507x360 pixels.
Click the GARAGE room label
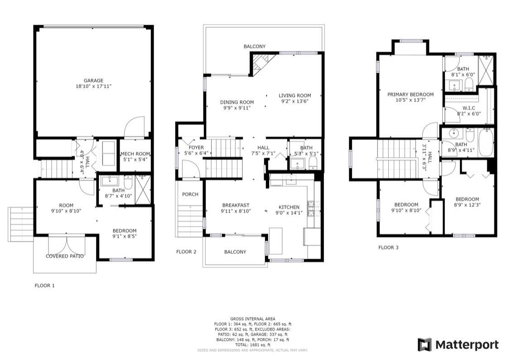(93, 81)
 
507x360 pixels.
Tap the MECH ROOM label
(135, 154)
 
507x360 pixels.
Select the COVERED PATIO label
(65, 256)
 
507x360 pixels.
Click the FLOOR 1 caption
(44, 286)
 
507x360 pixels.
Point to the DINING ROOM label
(237, 102)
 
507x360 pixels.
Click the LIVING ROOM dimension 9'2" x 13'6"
(295, 101)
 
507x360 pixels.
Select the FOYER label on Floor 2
(196, 147)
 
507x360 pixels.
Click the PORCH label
(190, 195)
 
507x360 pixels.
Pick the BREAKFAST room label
(236, 205)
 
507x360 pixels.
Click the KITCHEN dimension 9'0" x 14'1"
(289, 213)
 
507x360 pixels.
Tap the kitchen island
(276, 241)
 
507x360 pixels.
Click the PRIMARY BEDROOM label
(410, 94)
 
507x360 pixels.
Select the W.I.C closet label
(469, 108)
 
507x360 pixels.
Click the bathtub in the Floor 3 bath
(486, 142)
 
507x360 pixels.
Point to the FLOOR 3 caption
(388, 248)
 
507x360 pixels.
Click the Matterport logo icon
(424, 345)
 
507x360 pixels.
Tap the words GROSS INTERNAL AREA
(253, 319)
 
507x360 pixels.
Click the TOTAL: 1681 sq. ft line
(253, 345)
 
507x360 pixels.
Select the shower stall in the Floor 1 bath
(143, 190)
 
